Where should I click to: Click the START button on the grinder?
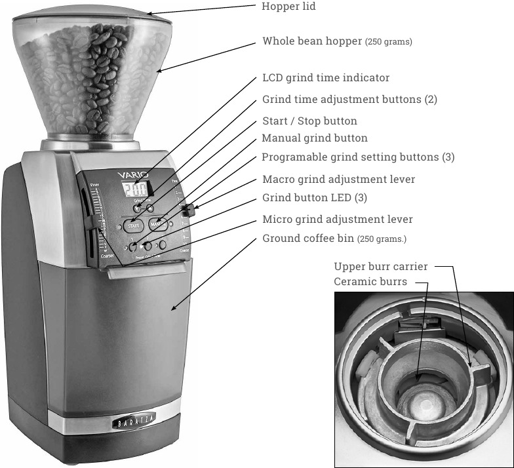click(133, 225)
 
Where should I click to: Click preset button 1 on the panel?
click(132, 247)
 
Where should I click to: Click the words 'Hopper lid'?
click(288, 7)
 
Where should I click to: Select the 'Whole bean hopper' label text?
click(312, 41)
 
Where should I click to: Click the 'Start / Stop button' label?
click(309, 121)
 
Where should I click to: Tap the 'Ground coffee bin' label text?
click(308, 238)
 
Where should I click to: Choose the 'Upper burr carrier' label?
click(380, 267)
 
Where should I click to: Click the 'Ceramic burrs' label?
click(370, 282)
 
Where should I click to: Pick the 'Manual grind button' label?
click(315, 138)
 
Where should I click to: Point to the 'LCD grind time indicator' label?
click(326, 78)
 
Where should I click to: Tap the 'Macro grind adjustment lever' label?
click(338, 179)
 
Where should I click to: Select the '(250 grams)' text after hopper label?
click(389, 42)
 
